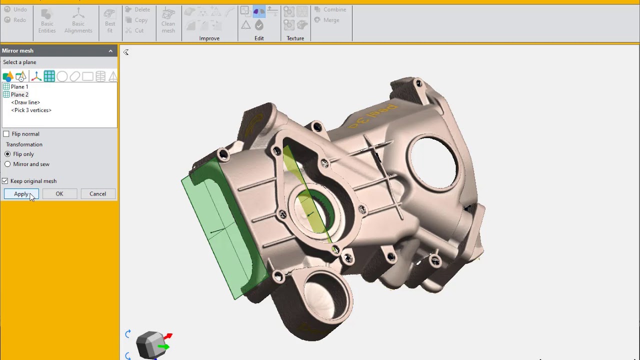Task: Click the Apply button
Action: pyautogui.click(x=21, y=194)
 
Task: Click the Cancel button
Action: pyautogui.click(x=97, y=194)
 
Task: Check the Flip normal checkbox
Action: pyautogui.click(x=6, y=134)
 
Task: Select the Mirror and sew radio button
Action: pyautogui.click(x=7, y=164)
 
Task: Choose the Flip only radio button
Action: pyautogui.click(x=7, y=154)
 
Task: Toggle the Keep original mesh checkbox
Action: pyautogui.click(x=5, y=181)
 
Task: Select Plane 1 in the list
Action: pyautogui.click(x=19, y=87)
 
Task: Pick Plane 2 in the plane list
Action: pyautogui.click(x=19, y=94)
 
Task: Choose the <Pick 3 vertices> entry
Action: pyautogui.click(x=31, y=110)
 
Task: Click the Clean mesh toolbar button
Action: pyautogui.click(x=168, y=20)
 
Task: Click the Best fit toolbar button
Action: pyautogui.click(x=110, y=20)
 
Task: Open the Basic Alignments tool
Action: pyautogui.click(x=78, y=20)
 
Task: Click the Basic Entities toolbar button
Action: pyautogui.click(x=47, y=20)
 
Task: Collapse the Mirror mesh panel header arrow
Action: pyautogui.click(x=110, y=51)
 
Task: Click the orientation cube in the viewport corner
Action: pyautogui.click(x=151, y=344)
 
